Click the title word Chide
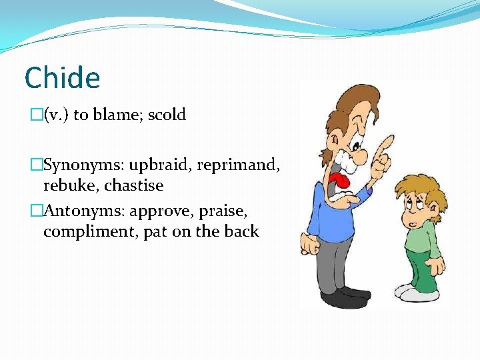point(62,78)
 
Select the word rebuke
point(71,185)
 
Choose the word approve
point(162,211)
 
